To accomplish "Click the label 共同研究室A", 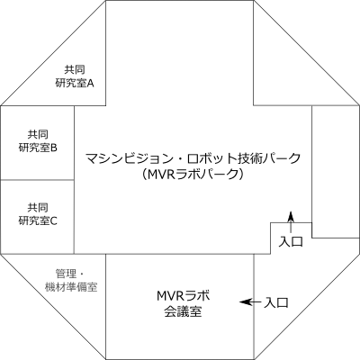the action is pos(75,76).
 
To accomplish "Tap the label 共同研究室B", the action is pos(38,141).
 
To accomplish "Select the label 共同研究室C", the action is pos(38,214).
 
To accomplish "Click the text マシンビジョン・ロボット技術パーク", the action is pos(193,158).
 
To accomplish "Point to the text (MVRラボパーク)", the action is pos(193,174).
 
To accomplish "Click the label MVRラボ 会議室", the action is pos(183,303).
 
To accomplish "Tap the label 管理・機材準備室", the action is pos(71,280).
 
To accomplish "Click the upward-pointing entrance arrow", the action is pos(291,221).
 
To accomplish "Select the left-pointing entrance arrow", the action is pos(250,301).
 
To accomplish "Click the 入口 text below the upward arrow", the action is pos(291,241).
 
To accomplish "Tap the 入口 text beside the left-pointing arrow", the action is pos(276,302).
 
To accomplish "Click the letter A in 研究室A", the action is pos(90,83).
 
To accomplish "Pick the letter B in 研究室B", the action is pos(54,148).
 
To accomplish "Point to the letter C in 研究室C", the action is pos(54,220).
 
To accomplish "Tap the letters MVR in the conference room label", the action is pos(171,296).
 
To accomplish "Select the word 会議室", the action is pos(183,311).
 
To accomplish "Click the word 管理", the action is pos(65,274).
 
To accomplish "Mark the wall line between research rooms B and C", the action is pos(37,180).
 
